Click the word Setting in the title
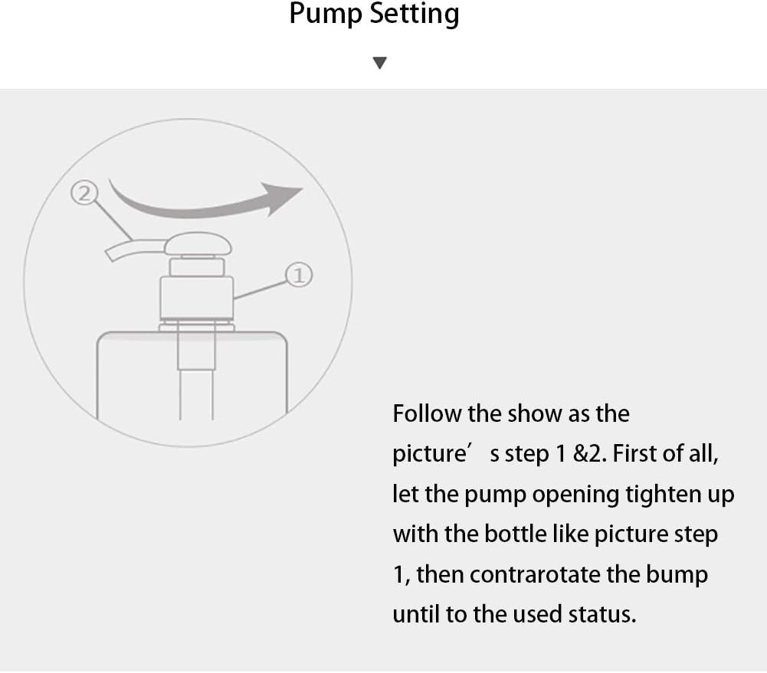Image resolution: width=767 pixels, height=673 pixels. click(x=415, y=15)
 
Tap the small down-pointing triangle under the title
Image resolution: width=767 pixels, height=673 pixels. click(x=379, y=63)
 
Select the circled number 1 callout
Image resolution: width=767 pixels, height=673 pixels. click(x=298, y=275)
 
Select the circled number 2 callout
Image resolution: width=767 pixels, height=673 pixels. click(x=84, y=194)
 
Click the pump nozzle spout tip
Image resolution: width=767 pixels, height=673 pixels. click(x=111, y=254)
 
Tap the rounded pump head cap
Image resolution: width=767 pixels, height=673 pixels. click(x=198, y=243)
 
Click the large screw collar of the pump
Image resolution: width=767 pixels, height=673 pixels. click(x=197, y=298)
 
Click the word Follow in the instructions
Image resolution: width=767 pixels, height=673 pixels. click(x=427, y=413)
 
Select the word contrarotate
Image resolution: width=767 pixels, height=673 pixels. click(x=534, y=574)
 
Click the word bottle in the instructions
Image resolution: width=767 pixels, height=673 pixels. click(x=515, y=534)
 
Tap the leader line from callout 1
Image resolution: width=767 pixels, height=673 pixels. click(x=260, y=289)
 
